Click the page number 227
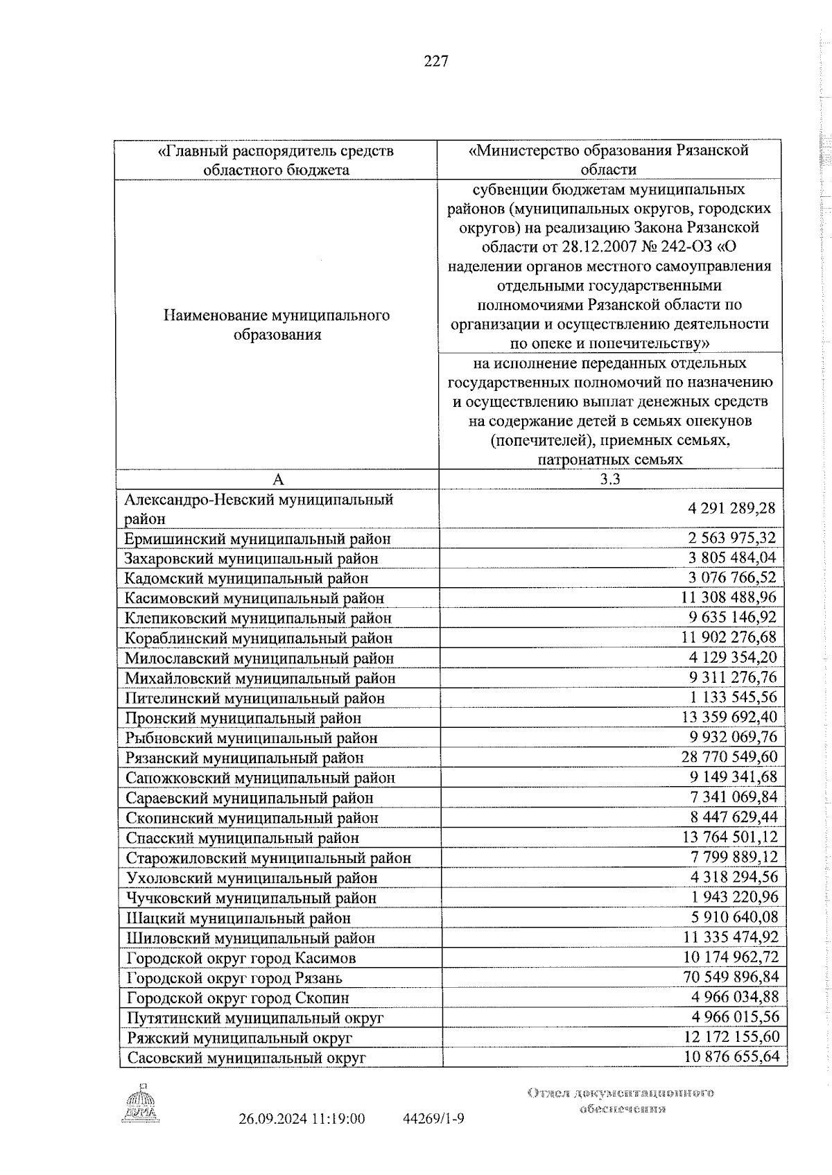point(436,62)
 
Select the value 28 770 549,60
point(729,756)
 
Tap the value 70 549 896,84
point(729,977)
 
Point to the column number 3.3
point(609,479)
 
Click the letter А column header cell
point(277,480)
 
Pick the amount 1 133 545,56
point(733,697)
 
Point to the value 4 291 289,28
point(731,508)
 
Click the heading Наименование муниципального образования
point(277,324)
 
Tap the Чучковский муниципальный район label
point(252,898)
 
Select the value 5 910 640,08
point(733,916)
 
